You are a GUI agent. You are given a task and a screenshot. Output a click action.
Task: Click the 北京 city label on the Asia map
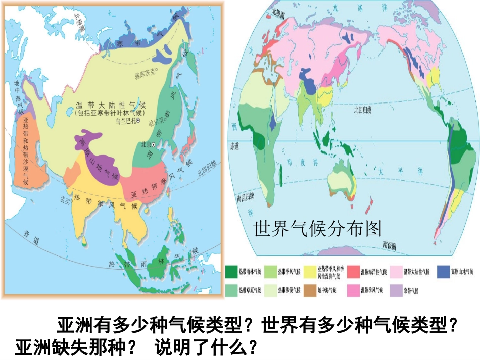click(x=147, y=144)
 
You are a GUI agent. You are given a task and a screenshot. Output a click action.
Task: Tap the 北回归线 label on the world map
click(x=362, y=110)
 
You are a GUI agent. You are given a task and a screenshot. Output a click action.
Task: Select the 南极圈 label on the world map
click(x=389, y=244)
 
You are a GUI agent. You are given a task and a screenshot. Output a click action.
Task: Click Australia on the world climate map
click(x=340, y=179)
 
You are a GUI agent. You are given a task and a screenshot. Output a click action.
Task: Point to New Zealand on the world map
click(x=368, y=204)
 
